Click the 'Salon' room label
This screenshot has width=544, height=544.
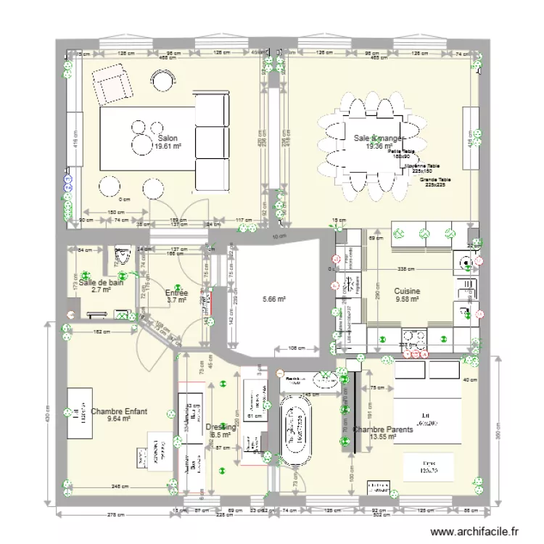pos(167,138)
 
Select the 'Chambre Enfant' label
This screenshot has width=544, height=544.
pos(119,411)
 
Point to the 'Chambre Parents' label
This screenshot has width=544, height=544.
pos(384,429)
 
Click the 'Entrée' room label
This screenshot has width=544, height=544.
pos(177,292)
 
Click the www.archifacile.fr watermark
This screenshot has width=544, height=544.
pos(474,532)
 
